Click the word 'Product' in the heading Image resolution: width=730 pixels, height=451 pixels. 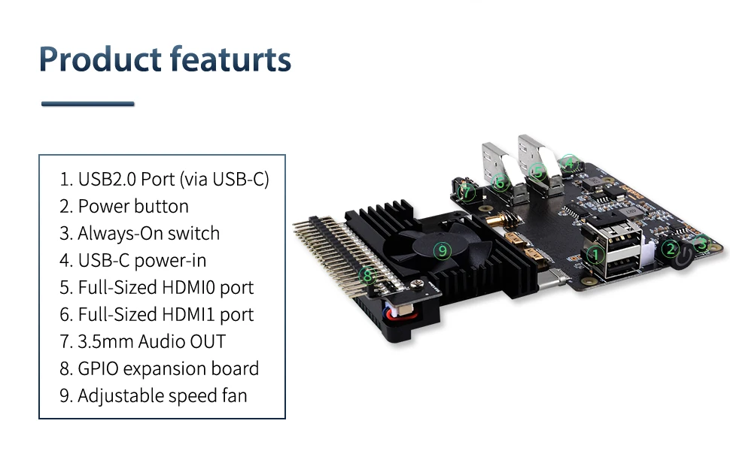(100, 59)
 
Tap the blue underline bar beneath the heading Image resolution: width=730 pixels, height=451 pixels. (87, 104)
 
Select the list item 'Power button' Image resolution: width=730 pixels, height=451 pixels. (133, 206)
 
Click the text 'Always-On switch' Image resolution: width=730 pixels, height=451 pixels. (148, 233)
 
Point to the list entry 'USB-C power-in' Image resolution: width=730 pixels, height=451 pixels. (141, 260)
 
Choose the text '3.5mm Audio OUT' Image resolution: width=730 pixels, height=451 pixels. (151, 341)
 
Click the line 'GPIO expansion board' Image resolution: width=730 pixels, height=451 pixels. (168, 368)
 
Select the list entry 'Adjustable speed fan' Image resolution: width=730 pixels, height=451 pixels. (162, 395)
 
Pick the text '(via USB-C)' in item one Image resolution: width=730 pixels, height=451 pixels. (224, 179)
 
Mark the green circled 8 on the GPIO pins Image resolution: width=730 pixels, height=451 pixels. (367, 276)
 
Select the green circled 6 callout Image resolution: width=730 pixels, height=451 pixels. (500, 182)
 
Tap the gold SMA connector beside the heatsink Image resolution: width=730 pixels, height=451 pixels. (503, 220)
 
